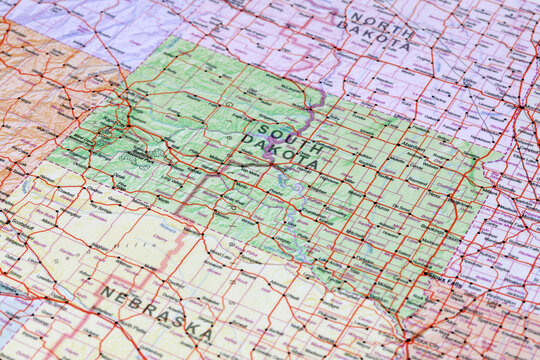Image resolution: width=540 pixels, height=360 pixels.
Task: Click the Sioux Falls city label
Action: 440,277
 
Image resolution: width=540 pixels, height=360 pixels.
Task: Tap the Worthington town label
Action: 500,280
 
